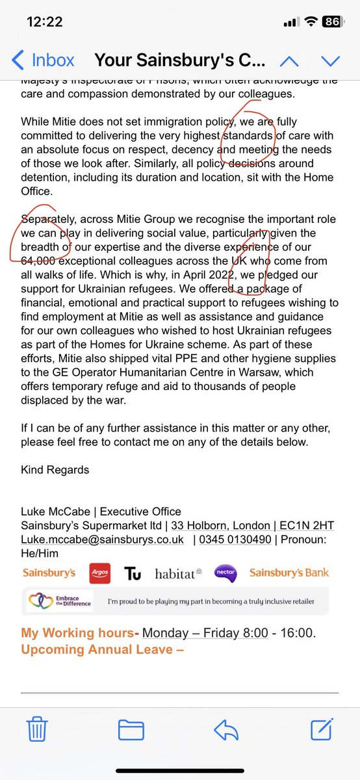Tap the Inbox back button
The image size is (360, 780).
coord(44,60)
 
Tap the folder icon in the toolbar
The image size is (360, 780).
coord(131,731)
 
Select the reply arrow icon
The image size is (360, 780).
coord(227,731)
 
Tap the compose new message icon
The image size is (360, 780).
coord(322,729)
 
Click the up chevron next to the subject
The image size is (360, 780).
coord(289,61)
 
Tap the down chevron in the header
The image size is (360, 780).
coord(330,61)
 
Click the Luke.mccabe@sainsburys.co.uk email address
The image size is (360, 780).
coord(102,539)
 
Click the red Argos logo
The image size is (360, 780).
coord(100,573)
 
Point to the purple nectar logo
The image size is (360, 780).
coord(225,573)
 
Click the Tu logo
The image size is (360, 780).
coord(133,573)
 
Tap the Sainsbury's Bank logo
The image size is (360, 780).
coord(289,573)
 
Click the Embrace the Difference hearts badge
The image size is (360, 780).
coord(59,601)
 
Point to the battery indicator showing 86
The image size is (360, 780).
coord(331,22)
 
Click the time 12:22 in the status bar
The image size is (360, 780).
coord(45,21)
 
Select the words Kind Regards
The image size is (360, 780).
coord(55,469)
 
